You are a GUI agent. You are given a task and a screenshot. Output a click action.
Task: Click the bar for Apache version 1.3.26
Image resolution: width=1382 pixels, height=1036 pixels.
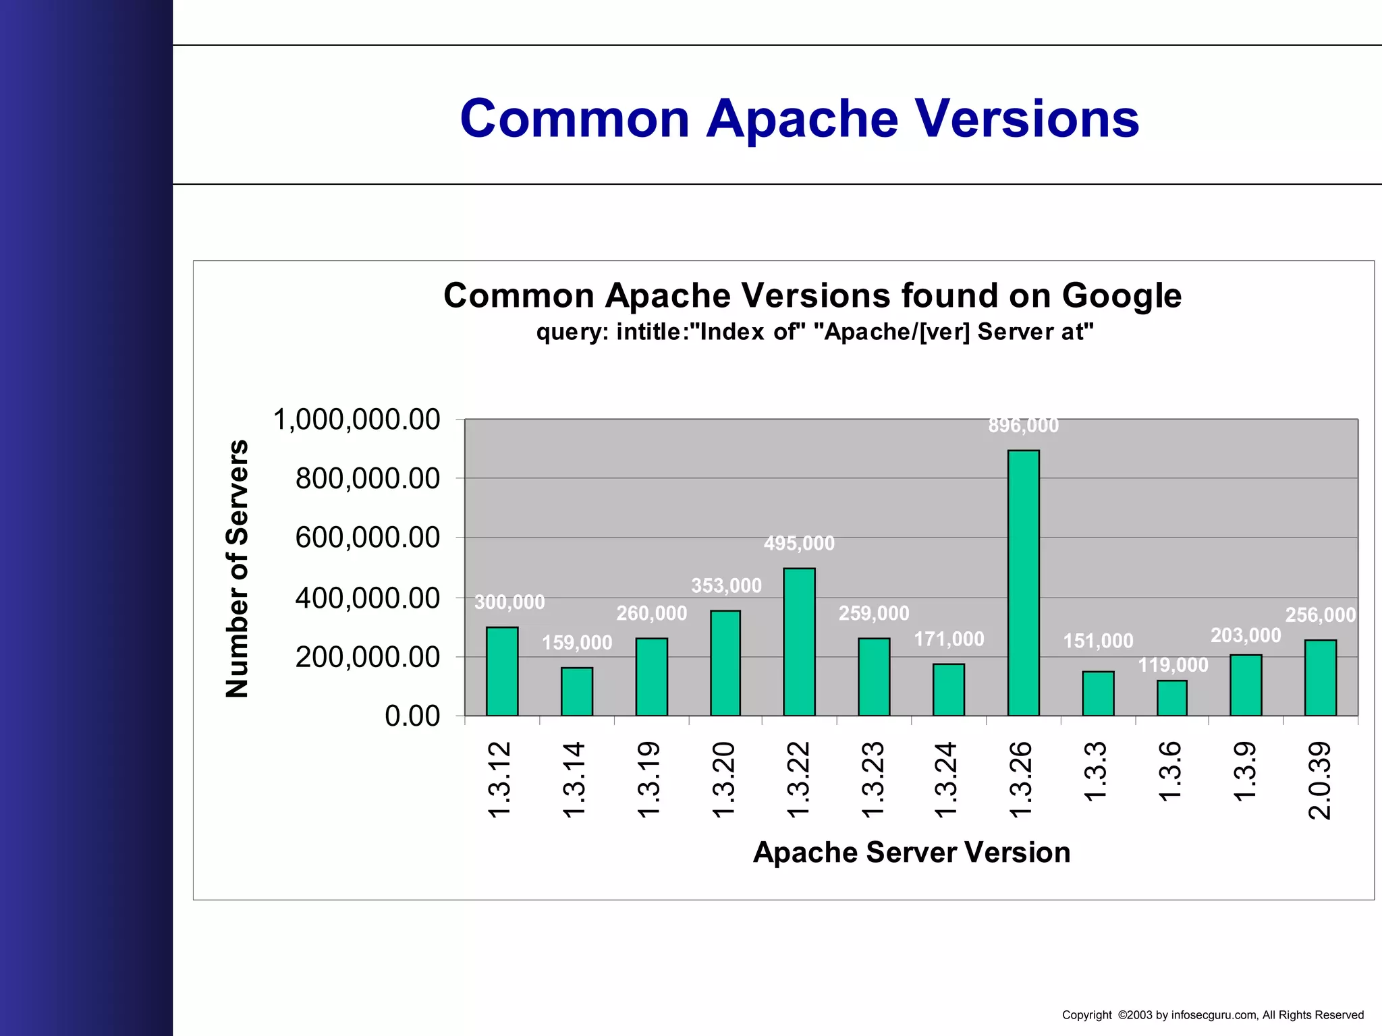coord(1023,583)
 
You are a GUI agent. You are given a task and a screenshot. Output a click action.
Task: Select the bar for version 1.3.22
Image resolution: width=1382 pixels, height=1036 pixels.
coord(799,641)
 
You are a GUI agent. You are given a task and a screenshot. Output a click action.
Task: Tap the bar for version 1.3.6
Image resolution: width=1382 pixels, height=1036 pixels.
coord(1172,698)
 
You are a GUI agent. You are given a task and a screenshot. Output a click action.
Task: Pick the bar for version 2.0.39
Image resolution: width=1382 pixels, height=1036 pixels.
coord(1321,677)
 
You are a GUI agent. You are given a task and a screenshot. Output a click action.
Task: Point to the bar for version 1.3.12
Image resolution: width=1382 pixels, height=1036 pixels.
coord(502,671)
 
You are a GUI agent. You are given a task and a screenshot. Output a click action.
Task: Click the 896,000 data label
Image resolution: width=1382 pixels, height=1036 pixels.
coord(1023,426)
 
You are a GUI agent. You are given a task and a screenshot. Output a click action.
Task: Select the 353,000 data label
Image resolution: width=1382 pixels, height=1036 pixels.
coord(726,585)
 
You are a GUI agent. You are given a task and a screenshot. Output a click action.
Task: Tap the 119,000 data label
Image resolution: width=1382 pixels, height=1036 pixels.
coord(1173,665)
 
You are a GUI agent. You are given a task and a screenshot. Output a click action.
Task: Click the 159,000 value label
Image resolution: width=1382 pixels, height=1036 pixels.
coord(577,643)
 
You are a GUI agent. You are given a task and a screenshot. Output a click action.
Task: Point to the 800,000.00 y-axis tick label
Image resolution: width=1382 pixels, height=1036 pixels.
coord(367,479)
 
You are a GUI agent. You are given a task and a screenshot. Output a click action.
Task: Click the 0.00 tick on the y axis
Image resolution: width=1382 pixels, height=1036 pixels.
coord(412,716)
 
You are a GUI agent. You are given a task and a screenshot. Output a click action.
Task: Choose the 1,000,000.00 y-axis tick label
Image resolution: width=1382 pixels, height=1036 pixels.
coord(356,420)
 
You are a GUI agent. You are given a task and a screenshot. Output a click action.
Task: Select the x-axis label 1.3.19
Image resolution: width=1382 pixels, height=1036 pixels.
coord(648,780)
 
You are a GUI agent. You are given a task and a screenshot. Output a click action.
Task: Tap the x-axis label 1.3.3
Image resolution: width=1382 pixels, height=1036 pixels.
coord(1096,772)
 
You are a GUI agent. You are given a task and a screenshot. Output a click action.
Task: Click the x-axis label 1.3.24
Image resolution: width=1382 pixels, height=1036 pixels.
coord(947,780)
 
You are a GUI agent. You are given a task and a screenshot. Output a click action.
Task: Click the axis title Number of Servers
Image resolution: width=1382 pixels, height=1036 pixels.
coord(238,569)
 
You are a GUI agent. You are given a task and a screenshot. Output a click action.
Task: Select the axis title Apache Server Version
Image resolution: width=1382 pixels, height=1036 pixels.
coord(912,853)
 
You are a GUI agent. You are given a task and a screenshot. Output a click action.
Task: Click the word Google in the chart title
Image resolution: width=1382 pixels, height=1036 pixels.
coord(1122,295)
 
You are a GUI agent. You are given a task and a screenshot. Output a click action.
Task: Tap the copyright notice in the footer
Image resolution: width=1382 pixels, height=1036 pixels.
coord(1213,1015)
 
